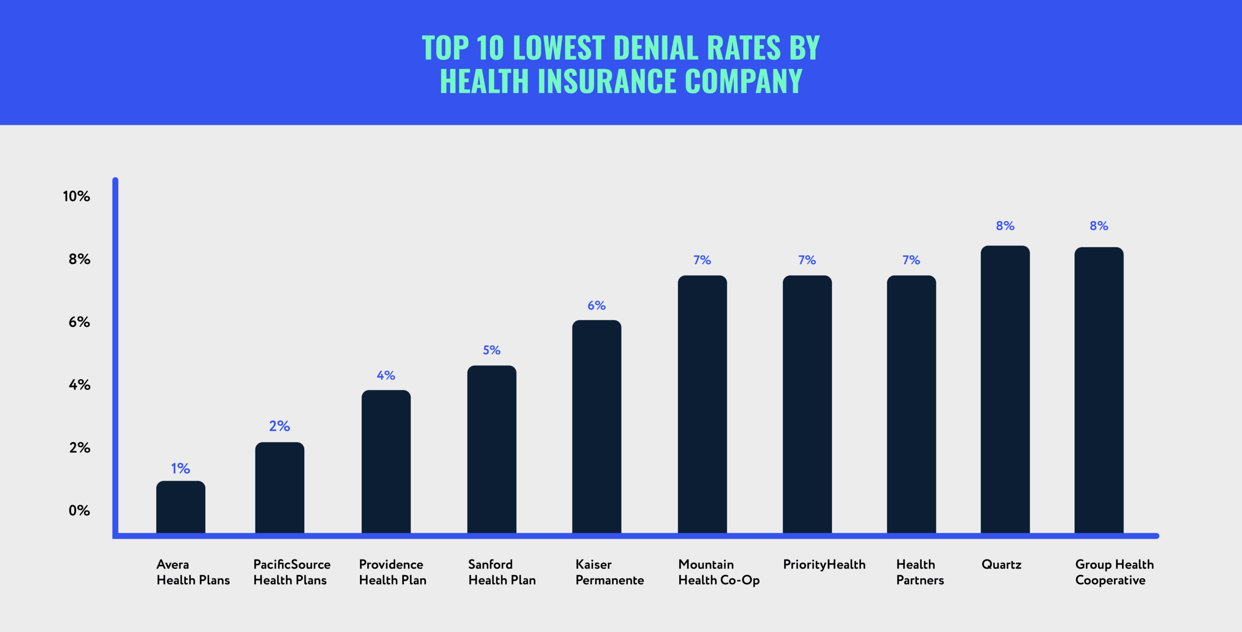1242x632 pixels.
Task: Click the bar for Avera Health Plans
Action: (180, 507)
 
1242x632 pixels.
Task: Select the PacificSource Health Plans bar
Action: (279, 488)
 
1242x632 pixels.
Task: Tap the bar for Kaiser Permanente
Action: (596, 427)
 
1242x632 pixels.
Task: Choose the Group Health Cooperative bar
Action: (1098, 391)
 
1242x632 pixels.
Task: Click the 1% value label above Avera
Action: (180, 468)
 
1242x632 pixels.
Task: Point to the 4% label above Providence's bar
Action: (386, 375)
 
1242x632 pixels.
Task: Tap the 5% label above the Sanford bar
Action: (491, 350)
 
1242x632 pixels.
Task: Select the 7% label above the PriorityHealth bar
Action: (807, 260)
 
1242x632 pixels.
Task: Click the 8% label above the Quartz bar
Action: (1005, 226)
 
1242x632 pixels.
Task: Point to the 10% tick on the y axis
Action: (77, 197)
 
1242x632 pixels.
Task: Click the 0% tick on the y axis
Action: (79, 511)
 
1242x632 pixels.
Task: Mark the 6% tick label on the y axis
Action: (79, 322)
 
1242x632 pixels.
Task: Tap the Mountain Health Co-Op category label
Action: (719, 572)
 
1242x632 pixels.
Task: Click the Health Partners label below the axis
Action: (920, 572)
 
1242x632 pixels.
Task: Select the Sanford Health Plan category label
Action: (502, 572)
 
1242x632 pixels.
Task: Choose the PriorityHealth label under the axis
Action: (824, 565)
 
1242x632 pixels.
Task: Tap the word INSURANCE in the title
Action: (607, 81)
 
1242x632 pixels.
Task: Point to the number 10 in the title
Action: (490, 48)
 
